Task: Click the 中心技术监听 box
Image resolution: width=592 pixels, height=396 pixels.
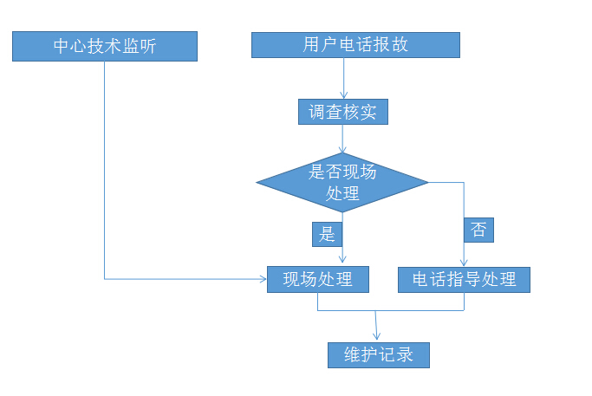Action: coord(105,46)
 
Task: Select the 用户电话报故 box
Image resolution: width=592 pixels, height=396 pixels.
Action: coord(355,45)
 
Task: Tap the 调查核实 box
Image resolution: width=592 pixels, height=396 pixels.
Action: coord(342,112)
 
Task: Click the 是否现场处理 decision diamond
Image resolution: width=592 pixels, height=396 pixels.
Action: coord(342,182)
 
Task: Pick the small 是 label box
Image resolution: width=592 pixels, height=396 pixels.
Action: coord(327,233)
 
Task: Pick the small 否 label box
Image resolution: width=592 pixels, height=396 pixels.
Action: coord(478,230)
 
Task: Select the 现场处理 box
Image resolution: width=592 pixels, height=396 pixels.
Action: coord(318,279)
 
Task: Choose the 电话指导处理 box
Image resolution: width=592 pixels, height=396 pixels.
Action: coord(464,279)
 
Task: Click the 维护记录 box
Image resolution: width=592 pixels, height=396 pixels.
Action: coord(379,354)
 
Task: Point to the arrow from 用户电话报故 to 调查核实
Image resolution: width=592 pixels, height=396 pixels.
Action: coord(344,79)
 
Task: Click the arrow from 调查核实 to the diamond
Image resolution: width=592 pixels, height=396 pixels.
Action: coord(344,139)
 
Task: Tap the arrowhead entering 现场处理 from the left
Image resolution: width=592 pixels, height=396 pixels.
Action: coord(263,279)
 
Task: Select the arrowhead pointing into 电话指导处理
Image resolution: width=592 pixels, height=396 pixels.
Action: coord(464,263)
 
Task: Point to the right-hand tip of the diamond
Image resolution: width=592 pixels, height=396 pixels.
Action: coord(428,182)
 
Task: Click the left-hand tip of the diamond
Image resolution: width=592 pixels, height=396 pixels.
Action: coord(257,182)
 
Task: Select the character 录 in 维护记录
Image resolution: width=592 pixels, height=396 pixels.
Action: coord(405,354)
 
